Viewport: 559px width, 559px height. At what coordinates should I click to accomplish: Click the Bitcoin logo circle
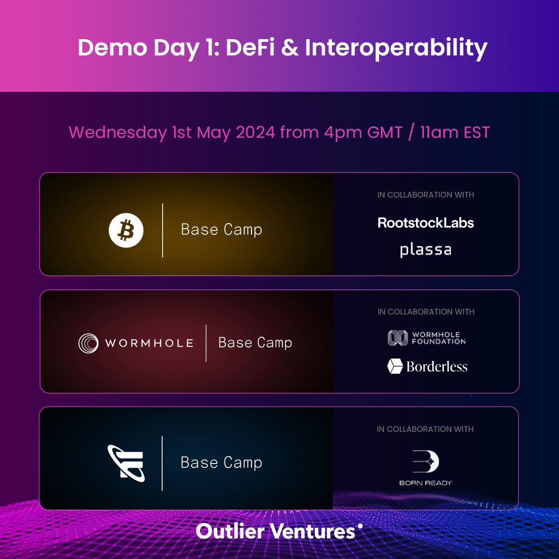tap(126, 230)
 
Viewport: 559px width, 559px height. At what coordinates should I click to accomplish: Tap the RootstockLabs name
tap(426, 223)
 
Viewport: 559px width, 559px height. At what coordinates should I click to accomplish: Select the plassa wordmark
tap(426, 250)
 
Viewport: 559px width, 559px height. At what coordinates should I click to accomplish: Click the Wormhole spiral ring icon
tap(88, 343)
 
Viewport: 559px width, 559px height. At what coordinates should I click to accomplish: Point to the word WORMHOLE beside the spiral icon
tap(149, 343)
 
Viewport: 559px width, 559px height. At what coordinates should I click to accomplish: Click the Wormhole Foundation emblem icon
tap(398, 338)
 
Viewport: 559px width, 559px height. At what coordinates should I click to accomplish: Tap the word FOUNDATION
tap(439, 341)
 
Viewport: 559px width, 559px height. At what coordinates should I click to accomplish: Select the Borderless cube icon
tap(395, 366)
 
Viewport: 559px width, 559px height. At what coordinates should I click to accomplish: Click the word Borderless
tap(437, 367)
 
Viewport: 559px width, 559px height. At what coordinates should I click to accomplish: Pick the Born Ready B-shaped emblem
tap(426, 462)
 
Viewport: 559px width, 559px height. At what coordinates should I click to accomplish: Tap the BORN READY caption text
tap(426, 483)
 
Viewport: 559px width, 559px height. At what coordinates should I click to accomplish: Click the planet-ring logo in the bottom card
tap(126, 463)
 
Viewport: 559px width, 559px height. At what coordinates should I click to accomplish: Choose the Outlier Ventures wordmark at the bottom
tap(279, 531)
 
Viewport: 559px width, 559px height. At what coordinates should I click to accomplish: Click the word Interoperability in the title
tap(396, 48)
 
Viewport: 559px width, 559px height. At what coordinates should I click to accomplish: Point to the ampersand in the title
tap(290, 48)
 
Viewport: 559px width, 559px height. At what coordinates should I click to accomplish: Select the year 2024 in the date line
tap(255, 132)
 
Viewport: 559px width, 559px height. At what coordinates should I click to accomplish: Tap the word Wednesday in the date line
tap(118, 132)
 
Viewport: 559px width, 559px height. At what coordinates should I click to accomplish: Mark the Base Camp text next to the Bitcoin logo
tap(222, 230)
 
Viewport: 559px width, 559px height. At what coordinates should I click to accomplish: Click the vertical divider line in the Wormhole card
tap(206, 343)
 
